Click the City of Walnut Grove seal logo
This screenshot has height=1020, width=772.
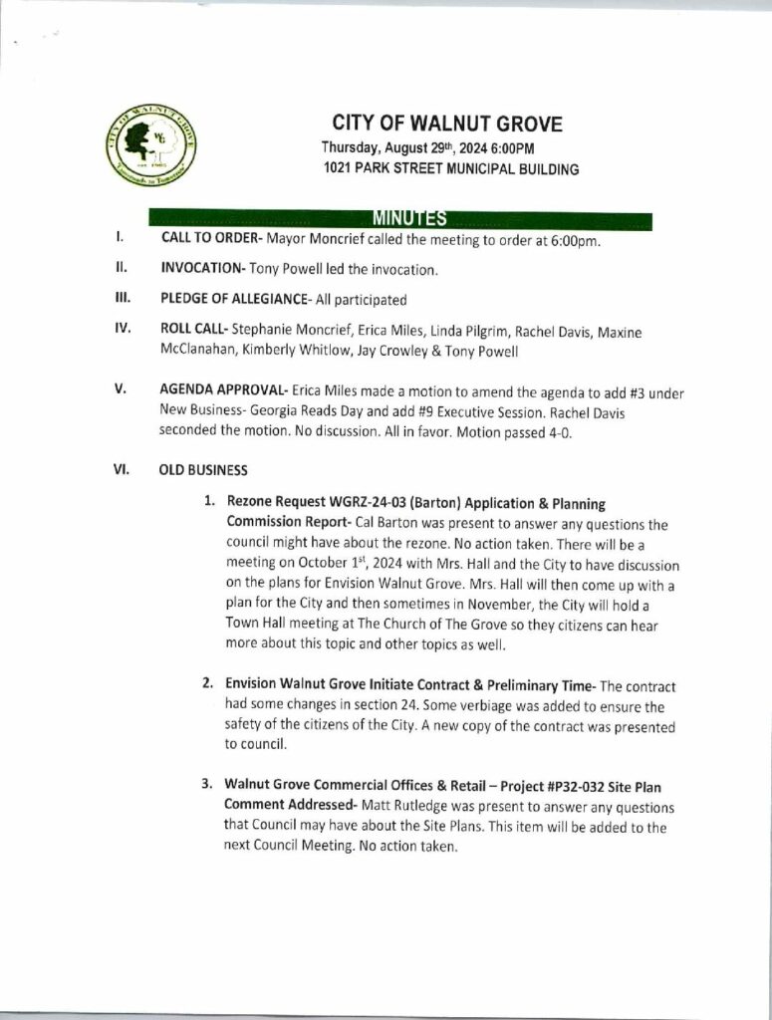(x=151, y=145)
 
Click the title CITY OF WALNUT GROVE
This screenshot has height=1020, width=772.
(x=447, y=125)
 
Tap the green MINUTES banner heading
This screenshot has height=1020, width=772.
(x=408, y=219)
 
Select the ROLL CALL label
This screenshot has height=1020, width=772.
(x=193, y=330)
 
